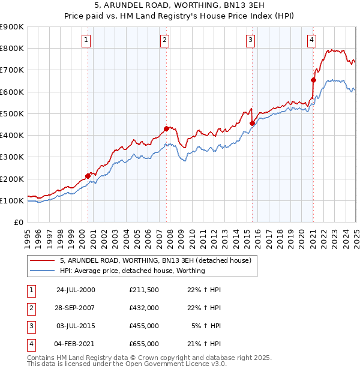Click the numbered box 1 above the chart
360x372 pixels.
coord(86,40)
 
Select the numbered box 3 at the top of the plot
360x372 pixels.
coord(250,40)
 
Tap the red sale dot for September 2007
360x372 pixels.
coord(166,128)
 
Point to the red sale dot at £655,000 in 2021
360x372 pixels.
coord(313,80)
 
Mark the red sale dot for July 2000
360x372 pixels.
coord(88,176)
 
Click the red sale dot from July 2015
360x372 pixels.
coord(252,124)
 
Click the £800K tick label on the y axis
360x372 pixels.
coord(11,49)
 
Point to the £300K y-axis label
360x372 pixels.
coord(11,157)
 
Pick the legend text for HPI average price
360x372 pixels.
coord(133,271)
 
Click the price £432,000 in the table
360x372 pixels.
coord(144,308)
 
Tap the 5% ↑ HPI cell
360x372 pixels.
coord(208,326)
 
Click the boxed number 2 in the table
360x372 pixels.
coord(30,308)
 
